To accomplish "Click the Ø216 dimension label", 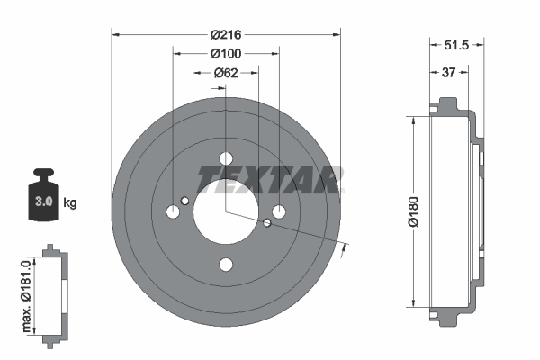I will click(226, 35).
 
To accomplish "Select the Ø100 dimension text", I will click(226, 54).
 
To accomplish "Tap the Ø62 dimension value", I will click(226, 74).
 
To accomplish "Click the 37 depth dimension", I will click(447, 73).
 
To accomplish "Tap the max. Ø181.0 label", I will click(28, 292).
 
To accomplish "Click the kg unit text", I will click(71, 202).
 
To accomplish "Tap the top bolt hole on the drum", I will click(226, 159).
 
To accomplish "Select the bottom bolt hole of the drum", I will click(226, 264).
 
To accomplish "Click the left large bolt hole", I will click(174, 212).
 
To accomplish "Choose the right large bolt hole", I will click(279, 211).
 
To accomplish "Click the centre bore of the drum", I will click(226, 211).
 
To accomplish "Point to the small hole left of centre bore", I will click(185, 201).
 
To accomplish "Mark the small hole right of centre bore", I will click(267, 222).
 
